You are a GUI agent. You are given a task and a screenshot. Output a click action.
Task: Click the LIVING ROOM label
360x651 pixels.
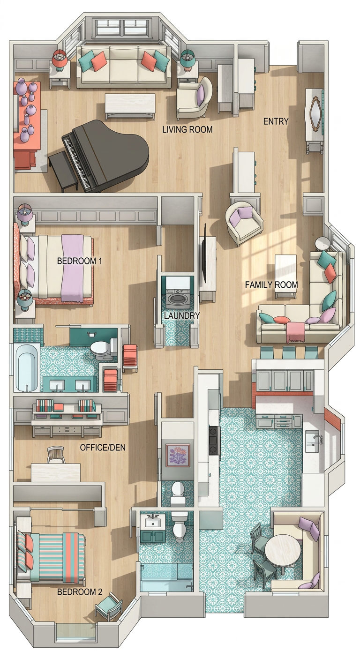point(187,129)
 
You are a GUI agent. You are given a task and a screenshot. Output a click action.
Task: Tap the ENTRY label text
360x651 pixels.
point(276,121)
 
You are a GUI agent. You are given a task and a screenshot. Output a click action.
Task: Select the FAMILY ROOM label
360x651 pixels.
point(271,284)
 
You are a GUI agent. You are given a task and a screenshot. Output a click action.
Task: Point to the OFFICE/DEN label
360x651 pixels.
point(103,447)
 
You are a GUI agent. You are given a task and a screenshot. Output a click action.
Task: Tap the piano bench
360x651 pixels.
point(63,172)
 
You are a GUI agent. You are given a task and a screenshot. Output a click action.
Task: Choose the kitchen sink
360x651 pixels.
point(312,442)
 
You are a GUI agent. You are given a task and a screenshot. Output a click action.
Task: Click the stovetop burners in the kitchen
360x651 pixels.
point(214,440)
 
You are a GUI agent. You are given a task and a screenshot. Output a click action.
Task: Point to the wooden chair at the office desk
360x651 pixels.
point(56,455)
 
